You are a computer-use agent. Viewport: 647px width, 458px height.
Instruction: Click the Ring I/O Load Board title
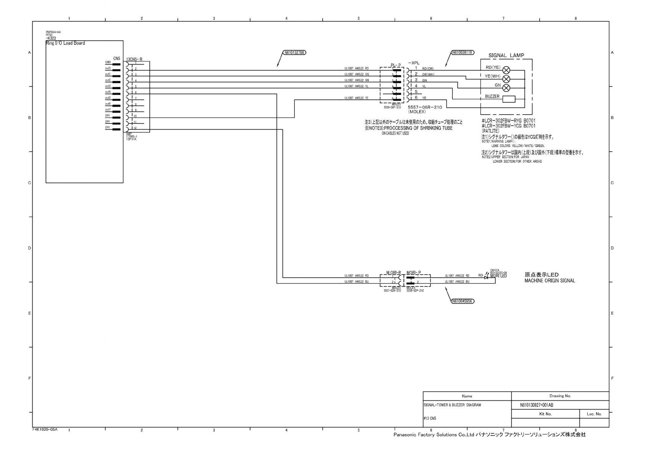65,43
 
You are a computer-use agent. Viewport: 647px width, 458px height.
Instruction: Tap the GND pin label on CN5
108,62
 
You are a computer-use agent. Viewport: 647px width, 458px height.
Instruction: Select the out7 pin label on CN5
108,110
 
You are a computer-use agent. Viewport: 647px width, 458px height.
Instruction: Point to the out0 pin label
108,68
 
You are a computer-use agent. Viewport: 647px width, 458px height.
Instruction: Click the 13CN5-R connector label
134,60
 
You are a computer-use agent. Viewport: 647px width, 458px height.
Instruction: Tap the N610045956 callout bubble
463,301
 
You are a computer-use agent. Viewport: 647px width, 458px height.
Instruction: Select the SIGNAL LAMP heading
506,55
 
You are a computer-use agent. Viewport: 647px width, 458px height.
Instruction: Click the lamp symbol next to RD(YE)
506,70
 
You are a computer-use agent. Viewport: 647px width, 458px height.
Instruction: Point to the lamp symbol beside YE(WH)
506,79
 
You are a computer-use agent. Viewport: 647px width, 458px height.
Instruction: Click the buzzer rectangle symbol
509,99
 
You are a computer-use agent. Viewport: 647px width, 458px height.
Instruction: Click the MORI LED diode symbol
486,276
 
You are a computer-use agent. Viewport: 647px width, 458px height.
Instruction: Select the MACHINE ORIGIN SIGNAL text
549,281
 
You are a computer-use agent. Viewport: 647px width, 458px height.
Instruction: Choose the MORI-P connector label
413,273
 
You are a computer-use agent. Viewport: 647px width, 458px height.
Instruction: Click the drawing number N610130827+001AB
537,405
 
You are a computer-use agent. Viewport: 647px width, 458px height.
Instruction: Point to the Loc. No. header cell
594,414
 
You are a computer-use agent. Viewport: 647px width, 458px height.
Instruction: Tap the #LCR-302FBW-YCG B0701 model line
508,126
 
